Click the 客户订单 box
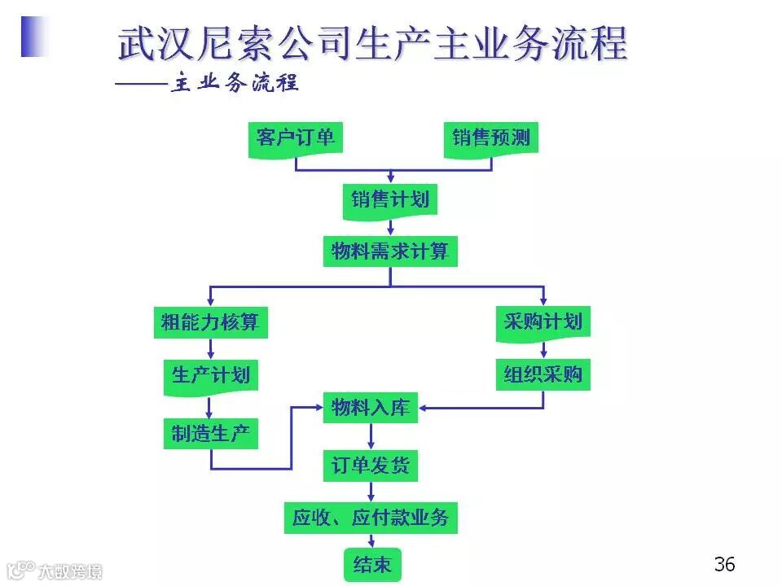pos(295,138)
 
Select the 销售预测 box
pos(491,138)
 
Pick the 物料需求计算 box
pos(390,251)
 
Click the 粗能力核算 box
pos(210,322)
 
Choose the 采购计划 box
pos(543,322)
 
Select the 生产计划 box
pos(210,376)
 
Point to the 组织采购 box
pos(543,375)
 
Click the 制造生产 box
pos(210,434)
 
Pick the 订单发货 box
pos(371,466)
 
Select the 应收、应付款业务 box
pos(371,518)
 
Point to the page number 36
pos(724,563)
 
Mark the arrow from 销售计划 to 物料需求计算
pos(390,227)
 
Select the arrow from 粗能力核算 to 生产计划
pos(210,349)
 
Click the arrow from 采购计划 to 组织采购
pos(543,348)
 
